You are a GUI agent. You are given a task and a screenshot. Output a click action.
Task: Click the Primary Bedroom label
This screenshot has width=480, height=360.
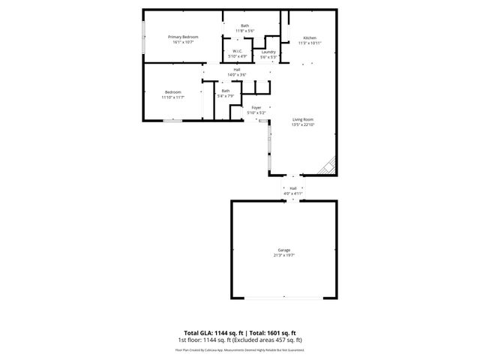(x=183, y=37)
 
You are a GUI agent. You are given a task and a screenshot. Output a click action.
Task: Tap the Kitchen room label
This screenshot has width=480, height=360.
(x=310, y=38)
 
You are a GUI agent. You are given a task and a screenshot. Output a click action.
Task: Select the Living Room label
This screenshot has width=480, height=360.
(x=303, y=120)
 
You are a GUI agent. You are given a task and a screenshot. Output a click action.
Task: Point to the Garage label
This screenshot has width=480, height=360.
(x=284, y=250)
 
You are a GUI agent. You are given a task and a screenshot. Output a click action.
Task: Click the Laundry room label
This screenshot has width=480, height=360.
(x=268, y=52)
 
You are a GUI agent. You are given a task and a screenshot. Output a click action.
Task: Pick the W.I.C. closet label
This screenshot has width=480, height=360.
(x=237, y=51)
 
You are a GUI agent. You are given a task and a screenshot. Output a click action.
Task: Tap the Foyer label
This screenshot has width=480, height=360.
(x=256, y=108)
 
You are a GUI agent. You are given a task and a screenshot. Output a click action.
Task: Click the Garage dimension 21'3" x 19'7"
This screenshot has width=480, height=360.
(x=284, y=255)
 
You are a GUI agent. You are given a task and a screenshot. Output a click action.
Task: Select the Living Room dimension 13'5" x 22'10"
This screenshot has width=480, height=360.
(x=303, y=125)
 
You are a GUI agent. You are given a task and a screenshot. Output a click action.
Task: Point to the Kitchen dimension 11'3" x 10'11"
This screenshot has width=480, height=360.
(x=310, y=43)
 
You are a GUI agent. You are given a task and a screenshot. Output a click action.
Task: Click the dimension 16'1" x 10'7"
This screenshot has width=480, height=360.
(x=183, y=42)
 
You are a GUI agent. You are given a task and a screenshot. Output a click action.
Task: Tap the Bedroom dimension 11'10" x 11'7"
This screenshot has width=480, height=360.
(x=172, y=97)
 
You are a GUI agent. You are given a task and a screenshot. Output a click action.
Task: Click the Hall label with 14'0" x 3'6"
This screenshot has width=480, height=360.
(x=236, y=70)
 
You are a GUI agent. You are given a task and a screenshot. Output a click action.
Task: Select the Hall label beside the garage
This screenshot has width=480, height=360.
(x=293, y=188)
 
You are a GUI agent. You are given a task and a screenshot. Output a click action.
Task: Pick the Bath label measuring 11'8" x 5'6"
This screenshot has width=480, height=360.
(x=244, y=26)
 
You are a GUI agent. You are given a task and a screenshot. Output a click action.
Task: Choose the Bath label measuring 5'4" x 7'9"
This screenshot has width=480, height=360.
(x=226, y=91)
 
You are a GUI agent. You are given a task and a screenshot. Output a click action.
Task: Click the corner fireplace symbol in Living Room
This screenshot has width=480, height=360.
(x=328, y=167)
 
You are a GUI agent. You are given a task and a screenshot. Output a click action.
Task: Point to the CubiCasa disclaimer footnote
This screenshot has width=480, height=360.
(x=244, y=349)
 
